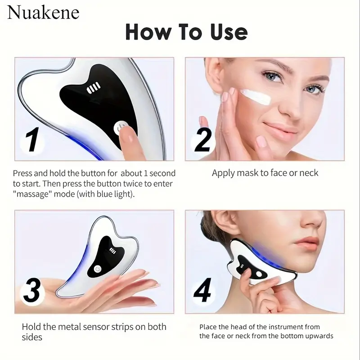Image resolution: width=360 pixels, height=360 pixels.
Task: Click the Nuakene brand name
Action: [x=43, y=13]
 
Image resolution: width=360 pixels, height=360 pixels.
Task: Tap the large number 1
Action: [x=32, y=139]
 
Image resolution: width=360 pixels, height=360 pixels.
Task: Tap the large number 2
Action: [x=203, y=140]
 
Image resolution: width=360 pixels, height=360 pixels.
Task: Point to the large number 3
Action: [x=32, y=290]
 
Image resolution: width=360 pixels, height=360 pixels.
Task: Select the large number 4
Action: [x=202, y=290]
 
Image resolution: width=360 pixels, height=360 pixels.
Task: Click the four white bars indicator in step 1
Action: [x=93, y=88]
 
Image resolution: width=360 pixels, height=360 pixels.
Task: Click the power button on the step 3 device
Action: [x=98, y=269]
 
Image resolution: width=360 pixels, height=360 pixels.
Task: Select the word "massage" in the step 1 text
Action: [x=31, y=194]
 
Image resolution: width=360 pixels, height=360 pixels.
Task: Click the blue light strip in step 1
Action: [x=85, y=147]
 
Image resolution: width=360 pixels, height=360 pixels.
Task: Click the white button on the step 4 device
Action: [x=259, y=274]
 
